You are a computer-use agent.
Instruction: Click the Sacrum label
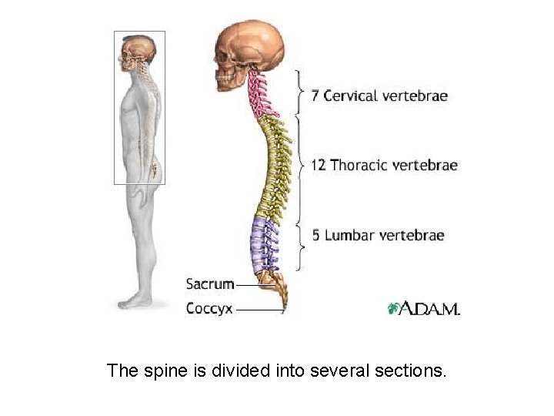click(x=210, y=283)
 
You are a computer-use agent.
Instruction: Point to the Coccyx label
click(x=209, y=308)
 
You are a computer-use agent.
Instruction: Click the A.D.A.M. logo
click(x=423, y=308)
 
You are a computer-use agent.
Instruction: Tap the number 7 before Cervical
click(x=315, y=96)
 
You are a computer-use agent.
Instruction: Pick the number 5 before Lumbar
click(x=315, y=235)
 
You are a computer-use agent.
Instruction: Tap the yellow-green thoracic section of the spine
click(x=273, y=166)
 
